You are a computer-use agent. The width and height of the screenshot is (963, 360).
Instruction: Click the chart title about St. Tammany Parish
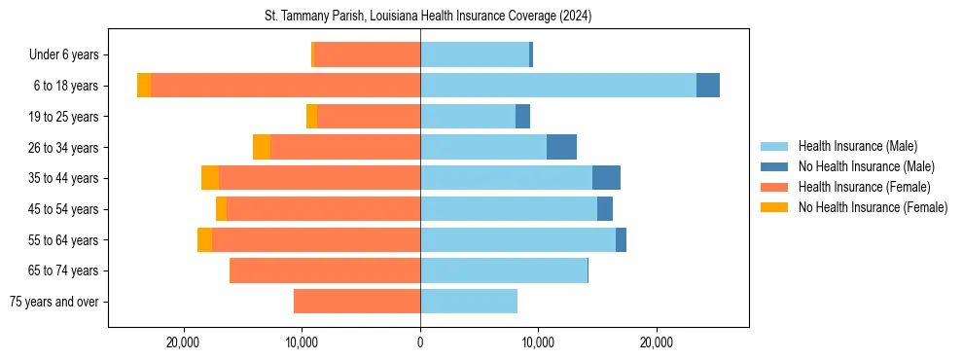pos(428,17)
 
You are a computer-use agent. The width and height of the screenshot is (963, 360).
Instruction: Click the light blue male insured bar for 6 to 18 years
pos(558,86)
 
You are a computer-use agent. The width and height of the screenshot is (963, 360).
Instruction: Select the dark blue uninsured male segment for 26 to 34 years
pos(561,147)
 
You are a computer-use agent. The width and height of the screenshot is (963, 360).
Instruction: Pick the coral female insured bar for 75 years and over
pos(357,302)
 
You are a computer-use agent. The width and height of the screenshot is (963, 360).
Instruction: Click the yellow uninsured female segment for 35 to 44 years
pos(210,178)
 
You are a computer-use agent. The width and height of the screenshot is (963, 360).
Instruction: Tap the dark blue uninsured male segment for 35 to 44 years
pos(606,178)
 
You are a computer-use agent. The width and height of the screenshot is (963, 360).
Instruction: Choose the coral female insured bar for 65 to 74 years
pos(325,270)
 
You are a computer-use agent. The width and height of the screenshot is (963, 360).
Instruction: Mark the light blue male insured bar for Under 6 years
pos(475,54)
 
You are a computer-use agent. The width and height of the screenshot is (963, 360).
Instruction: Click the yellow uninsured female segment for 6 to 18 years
pos(144,86)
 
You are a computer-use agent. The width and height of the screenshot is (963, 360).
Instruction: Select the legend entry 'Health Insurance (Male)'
pos(857,146)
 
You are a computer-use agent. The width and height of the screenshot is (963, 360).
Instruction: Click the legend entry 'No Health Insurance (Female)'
pos(873,207)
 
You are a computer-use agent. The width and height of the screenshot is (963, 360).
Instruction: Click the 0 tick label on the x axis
pos(420,342)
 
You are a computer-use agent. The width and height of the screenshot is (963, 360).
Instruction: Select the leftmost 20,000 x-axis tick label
pos(183,342)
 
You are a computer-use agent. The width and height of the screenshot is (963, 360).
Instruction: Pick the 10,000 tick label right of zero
pos(538,342)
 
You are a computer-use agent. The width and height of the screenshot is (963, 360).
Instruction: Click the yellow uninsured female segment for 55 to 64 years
pos(204,240)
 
